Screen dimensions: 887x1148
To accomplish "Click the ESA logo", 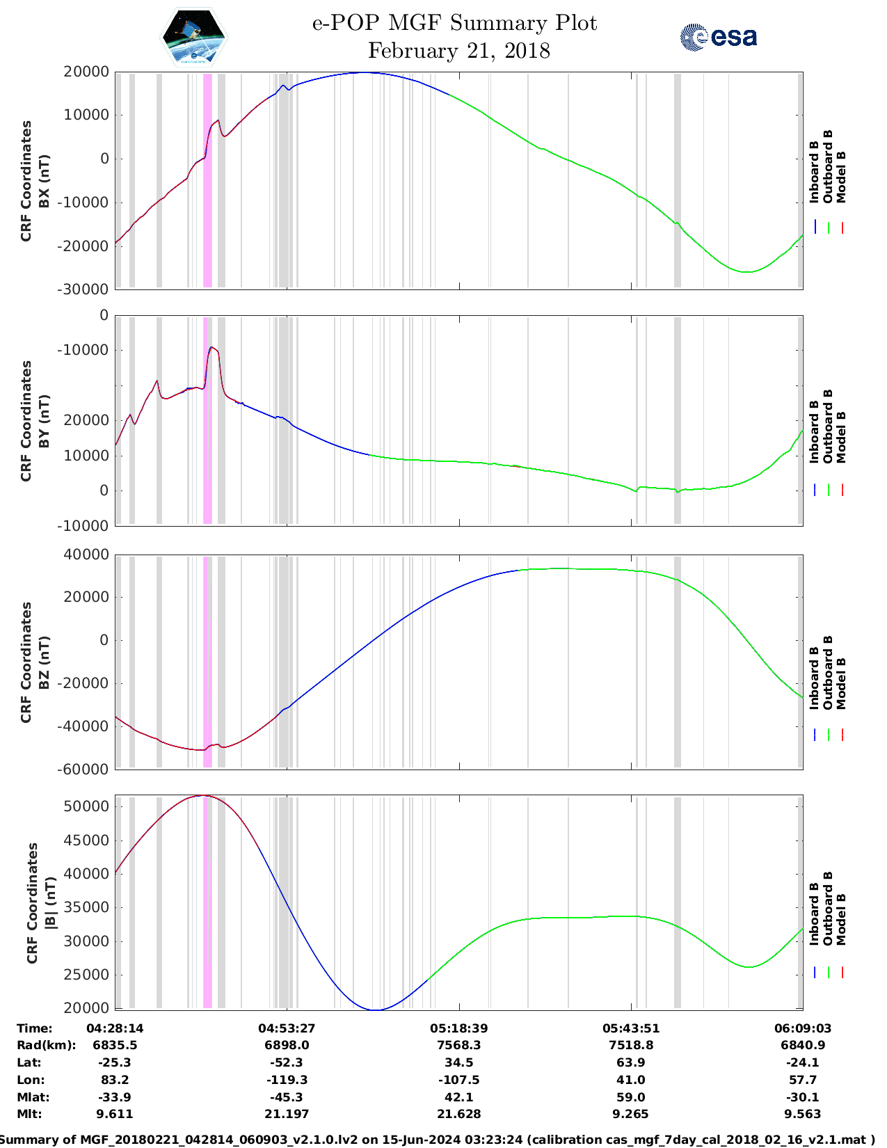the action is pos(719,37).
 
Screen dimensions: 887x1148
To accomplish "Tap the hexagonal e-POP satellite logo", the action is pos(193,38).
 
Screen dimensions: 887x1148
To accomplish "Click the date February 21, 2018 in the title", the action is pos(459,51).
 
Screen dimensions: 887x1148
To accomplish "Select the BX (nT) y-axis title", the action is pos(44,181).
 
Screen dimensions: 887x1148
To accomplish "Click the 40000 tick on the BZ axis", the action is pos(86,555).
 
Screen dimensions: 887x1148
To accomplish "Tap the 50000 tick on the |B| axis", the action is pos(86,806).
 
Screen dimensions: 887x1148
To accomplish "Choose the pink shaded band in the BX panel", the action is pos(207,180).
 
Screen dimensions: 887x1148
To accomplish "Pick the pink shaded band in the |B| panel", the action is pos(207,902).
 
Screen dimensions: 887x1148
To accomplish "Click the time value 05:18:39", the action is pos(459,1028).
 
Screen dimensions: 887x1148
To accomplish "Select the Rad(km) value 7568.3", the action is pos(459,1045).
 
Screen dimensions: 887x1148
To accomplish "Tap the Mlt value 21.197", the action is pos(287,1114).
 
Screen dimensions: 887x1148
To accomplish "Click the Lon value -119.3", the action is pos(287,1079).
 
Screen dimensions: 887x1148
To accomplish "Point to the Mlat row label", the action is pos(33,1097).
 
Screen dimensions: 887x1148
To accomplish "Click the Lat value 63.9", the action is pos(631,1062).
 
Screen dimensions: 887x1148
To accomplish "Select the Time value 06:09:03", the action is pos(803,1028).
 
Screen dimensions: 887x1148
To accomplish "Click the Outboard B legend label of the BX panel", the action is pos(827,166).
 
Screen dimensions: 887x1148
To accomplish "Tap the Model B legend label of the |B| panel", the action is pos(841,919).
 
